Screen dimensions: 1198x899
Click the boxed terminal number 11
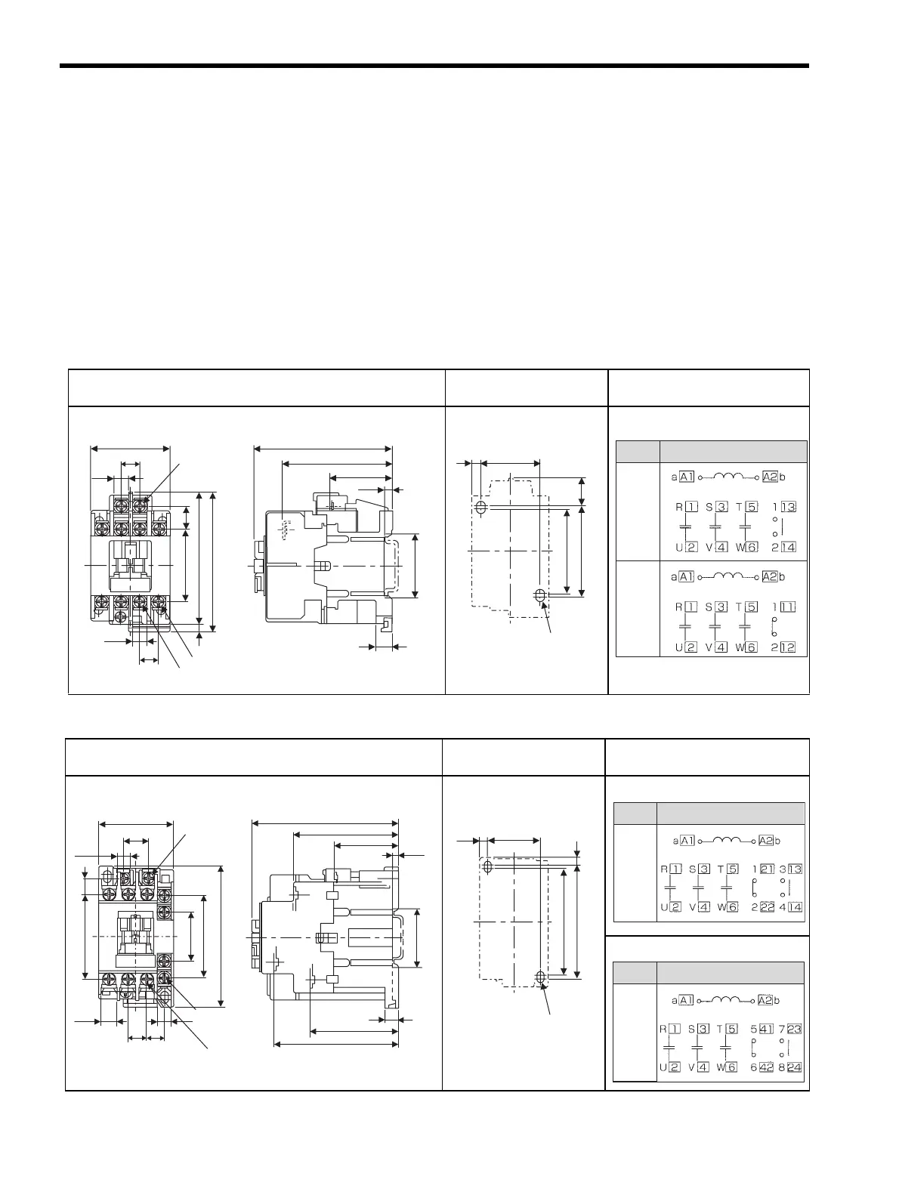click(789, 607)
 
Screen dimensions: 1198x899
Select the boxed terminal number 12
click(789, 647)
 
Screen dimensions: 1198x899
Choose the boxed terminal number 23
click(794, 1029)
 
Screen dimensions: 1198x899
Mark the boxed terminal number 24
click(794, 1067)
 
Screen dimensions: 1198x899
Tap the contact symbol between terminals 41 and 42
click(754, 1048)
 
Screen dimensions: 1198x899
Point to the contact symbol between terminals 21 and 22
click(754, 889)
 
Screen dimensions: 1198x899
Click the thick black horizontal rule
click(434, 66)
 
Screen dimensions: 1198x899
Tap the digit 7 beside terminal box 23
click(781, 1029)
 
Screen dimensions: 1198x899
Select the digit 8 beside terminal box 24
click(781, 1067)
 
